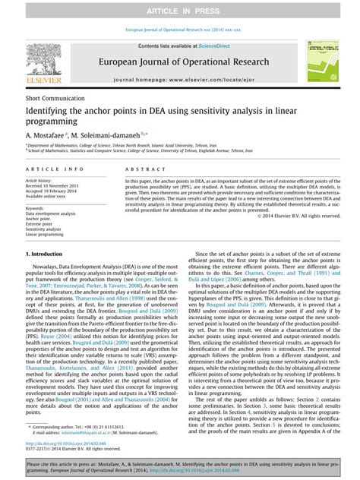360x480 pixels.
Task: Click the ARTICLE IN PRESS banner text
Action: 180,10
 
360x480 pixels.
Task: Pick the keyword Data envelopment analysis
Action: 51,213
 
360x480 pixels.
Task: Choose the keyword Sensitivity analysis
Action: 46,229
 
